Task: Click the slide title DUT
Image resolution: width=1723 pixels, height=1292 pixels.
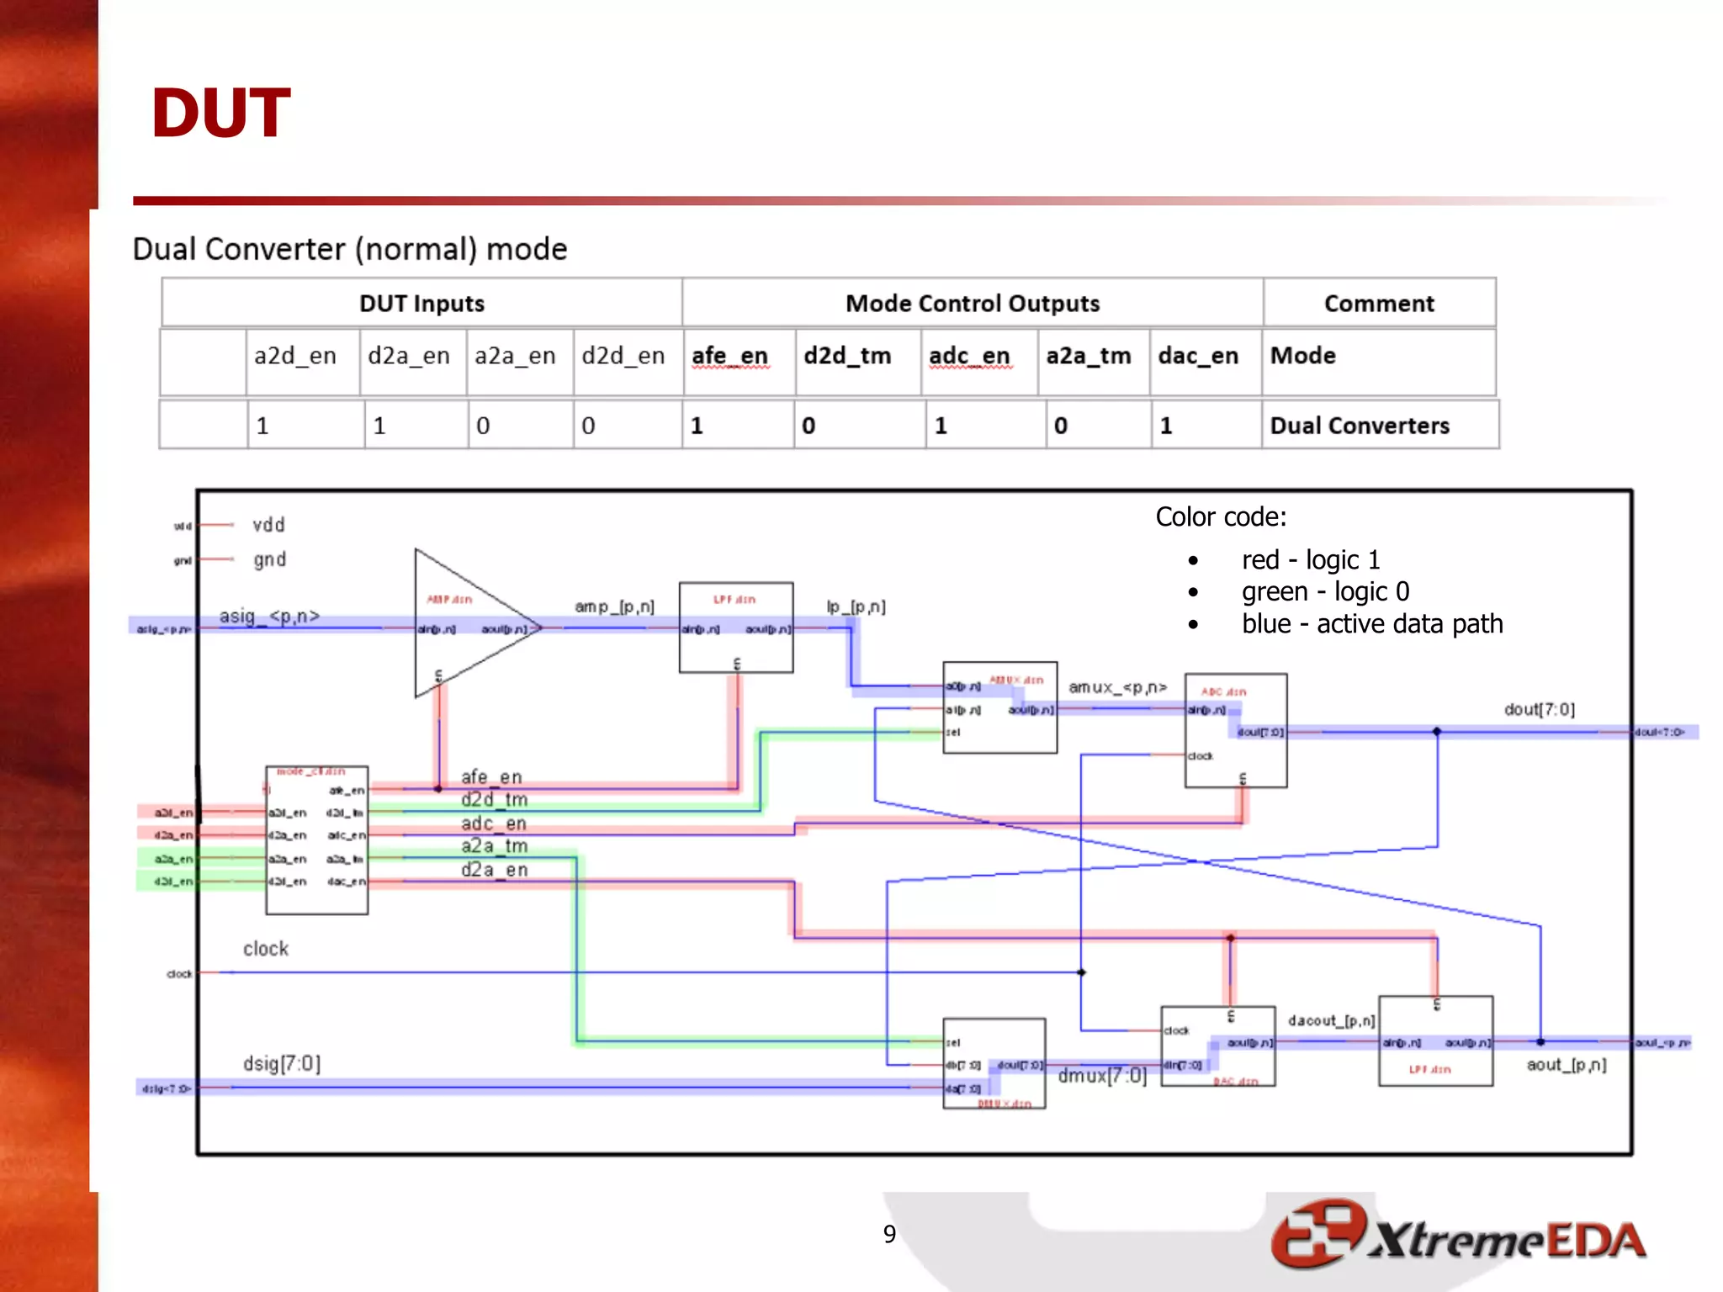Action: click(x=220, y=114)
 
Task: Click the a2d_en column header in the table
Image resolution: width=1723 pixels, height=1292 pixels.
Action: click(x=295, y=357)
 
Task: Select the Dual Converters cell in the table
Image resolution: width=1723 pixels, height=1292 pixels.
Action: click(x=1360, y=426)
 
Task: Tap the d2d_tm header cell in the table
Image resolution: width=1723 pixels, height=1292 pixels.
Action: click(x=847, y=357)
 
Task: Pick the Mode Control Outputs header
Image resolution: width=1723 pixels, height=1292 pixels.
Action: click(x=972, y=304)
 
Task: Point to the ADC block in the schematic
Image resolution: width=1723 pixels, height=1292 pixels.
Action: click(x=1235, y=730)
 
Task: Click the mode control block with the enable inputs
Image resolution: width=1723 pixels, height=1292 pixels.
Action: click(x=316, y=839)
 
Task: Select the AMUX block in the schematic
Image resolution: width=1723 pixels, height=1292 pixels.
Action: click(x=999, y=707)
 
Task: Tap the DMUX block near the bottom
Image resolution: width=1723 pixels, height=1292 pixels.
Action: click(x=994, y=1063)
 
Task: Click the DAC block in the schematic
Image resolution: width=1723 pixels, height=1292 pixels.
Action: click(x=1217, y=1046)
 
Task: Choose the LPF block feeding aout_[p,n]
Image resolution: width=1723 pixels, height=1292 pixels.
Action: click(x=1435, y=1041)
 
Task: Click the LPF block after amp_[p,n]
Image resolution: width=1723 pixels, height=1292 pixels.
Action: click(x=736, y=627)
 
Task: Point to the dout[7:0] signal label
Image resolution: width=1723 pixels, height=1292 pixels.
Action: click(x=1539, y=710)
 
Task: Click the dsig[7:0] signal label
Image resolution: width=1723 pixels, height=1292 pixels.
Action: click(x=282, y=1064)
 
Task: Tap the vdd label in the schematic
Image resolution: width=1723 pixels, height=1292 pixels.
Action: click(x=269, y=526)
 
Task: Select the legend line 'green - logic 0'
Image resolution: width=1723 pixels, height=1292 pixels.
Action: click(x=1325, y=592)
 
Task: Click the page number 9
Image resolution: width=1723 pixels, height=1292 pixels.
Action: click(x=889, y=1234)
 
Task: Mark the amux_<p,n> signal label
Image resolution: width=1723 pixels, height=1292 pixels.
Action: click(x=1117, y=688)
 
